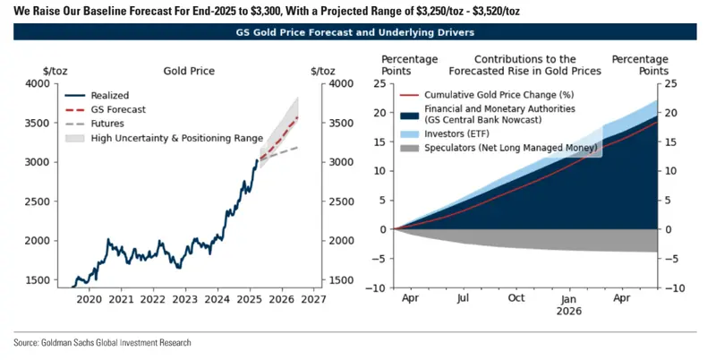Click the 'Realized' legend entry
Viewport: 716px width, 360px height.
coord(97,96)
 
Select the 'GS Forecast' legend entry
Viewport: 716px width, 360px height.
coord(106,109)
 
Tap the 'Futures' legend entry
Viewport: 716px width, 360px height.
coord(95,124)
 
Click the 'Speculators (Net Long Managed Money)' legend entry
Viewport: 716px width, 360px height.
coord(499,148)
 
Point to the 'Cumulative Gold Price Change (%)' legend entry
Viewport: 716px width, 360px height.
coord(487,95)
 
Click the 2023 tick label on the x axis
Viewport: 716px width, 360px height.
coord(185,299)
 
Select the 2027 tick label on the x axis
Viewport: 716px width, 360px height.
coord(314,299)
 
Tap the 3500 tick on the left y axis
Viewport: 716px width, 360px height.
coord(38,124)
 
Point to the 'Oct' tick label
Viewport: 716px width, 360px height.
coord(516,298)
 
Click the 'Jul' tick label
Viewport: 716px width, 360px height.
coord(463,298)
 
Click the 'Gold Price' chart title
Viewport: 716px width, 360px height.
coord(189,72)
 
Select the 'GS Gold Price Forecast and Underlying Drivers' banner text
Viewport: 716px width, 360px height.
coord(354,32)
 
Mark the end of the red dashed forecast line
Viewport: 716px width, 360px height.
coord(298,117)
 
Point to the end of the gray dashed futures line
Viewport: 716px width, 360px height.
coord(298,147)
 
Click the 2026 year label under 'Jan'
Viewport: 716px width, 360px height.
coord(569,312)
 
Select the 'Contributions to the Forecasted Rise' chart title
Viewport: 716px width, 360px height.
coord(525,64)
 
